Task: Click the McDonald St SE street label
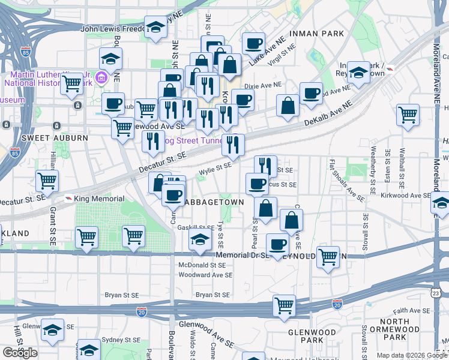tap(202, 265)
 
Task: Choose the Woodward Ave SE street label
tap(205, 275)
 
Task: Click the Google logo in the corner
tap(20, 352)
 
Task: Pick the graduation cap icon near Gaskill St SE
tap(200, 241)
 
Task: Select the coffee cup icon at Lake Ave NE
tap(253, 43)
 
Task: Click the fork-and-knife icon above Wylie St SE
tap(233, 144)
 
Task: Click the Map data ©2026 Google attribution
tap(411, 355)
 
